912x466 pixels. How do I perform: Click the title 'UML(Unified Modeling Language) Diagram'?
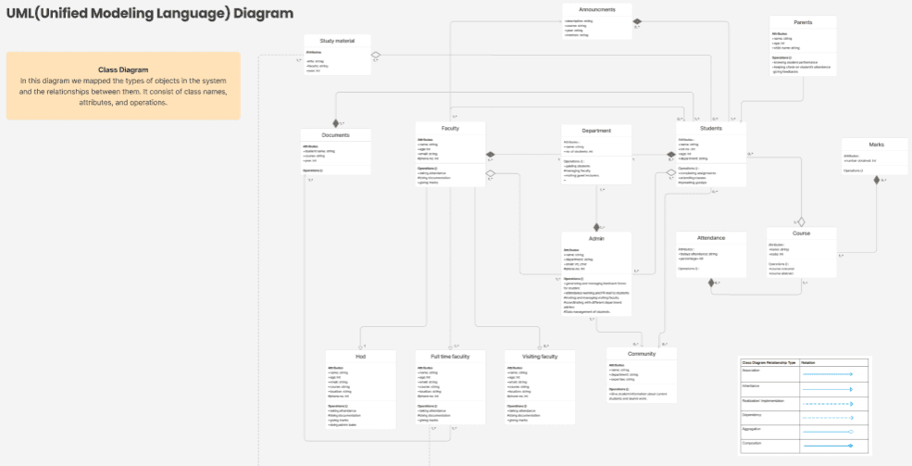coord(149,14)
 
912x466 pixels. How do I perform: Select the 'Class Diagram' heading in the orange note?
coord(123,69)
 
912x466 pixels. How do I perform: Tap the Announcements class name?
coord(597,9)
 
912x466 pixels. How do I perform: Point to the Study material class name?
coord(337,41)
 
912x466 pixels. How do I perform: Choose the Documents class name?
coord(335,135)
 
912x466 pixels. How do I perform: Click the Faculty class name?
coord(451,128)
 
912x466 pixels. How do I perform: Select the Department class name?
coord(596,131)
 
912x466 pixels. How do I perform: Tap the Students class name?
coord(711,129)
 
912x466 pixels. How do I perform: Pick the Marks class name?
coord(876,145)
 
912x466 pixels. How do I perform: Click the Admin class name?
coord(596,238)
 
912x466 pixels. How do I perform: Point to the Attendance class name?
coord(711,238)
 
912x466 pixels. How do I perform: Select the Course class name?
coord(801,233)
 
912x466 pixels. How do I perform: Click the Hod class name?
coord(360,356)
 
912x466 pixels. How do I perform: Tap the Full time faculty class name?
coord(450,356)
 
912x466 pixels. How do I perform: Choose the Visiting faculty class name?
coord(540,356)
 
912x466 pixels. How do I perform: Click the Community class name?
coord(642,354)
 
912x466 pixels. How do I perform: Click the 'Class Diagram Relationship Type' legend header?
coord(768,362)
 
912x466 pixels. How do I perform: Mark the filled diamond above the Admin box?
coord(597,226)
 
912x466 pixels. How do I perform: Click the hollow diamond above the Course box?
coord(802,221)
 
